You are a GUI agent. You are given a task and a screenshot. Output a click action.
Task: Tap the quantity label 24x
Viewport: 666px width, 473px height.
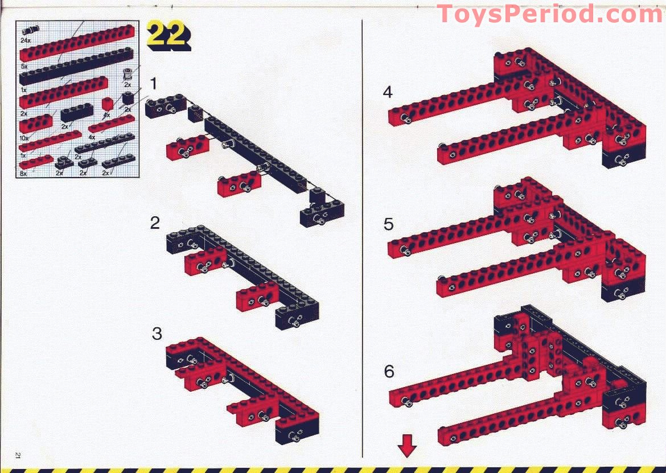click(x=25, y=40)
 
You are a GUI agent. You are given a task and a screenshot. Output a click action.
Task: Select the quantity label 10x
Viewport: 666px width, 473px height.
click(x=24, y=138)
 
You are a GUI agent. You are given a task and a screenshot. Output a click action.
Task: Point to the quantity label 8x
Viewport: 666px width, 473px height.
click(x=23, y=174)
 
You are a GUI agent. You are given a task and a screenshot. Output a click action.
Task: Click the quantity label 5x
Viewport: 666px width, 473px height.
click(x=24, y=67)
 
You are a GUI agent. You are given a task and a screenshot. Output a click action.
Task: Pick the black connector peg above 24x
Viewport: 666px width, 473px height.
click(x=30, y=30)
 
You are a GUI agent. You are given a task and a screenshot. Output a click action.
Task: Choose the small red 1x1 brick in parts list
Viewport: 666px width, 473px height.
click(x=108, y=104)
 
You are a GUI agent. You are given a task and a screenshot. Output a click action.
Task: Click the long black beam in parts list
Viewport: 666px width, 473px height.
click(x=76, y=66)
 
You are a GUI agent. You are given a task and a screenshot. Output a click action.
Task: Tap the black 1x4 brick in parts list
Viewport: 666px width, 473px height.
click(x=77, y=113)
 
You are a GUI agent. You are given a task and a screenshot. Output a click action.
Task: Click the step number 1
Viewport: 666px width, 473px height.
click(x=153, y=84)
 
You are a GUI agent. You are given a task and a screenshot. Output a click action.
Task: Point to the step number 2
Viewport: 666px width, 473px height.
click(x=155, y=223)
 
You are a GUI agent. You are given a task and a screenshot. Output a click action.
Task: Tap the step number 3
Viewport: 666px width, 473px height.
click(x=157, y=334)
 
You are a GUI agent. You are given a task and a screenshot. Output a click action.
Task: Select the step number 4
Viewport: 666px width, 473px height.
click(x=388, y=92)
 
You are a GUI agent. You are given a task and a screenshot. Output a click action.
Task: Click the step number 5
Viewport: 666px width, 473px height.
click(x=388, y=225)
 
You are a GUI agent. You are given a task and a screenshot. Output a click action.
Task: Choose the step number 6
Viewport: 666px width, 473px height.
click(x=389, y=372)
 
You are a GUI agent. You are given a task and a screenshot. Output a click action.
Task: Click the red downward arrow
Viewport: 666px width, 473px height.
click(x=408, y=445)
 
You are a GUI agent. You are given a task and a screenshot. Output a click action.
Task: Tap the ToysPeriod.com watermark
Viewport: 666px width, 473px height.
click(x=550, y=14)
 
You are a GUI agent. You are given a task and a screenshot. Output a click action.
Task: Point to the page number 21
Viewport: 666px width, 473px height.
click(x=18, y=455)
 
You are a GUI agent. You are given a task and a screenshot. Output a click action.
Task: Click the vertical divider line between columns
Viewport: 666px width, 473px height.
click(x=362, y=238)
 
